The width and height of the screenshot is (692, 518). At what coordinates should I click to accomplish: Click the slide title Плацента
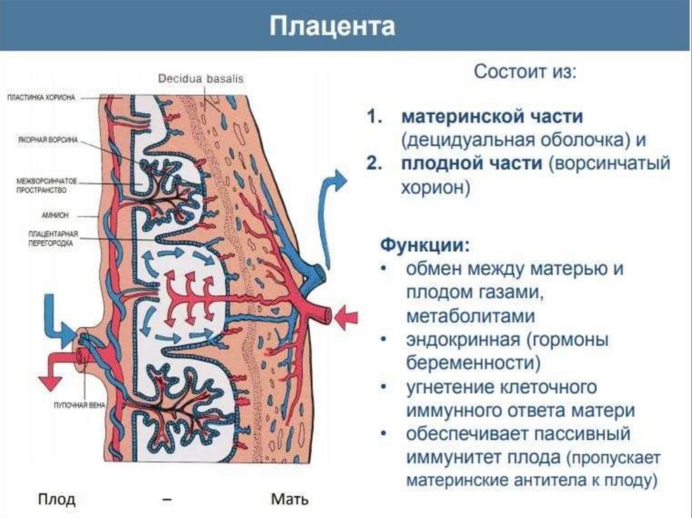click(332, 28)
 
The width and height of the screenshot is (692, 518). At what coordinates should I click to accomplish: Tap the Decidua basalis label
click(201, 78)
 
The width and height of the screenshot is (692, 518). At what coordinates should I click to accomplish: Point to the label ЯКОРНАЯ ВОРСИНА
click(47, 140)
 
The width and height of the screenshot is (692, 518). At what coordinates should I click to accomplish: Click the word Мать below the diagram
click(289, 500)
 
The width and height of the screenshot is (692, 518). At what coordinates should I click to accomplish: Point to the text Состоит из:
click(525, 72)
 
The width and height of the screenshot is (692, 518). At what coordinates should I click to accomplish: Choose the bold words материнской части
click(492, 116)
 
